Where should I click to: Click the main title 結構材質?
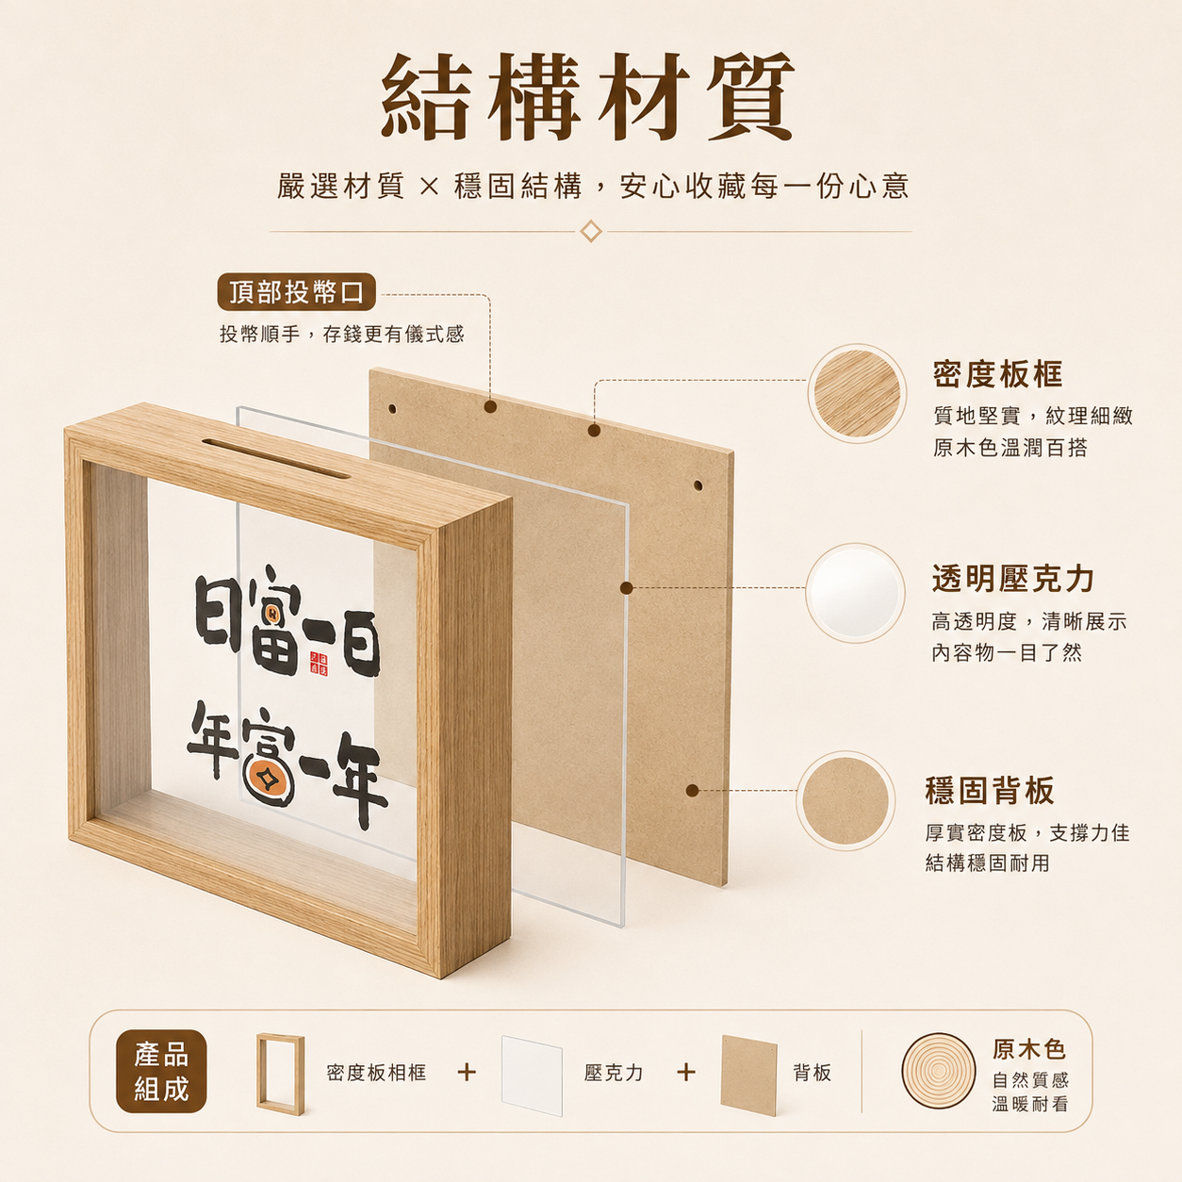pyautogui.click(x=587, y=96)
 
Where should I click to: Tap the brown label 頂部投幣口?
pyautogui.click(x=296, y=291)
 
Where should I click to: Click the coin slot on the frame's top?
pyautogui.click(x=275, y=458)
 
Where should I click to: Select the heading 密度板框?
pyautogui.click(x=997, y=374)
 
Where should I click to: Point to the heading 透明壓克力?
pyautogui.click(x=1012, y=579)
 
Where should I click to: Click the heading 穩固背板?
pyautogui.click(x=990, y=790)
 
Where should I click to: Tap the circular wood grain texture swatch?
pyautogui.click(x=856, y=393)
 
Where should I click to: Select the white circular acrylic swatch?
pyautogui.click(x=855, y=593)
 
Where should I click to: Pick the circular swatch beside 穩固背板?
pyautogui.click(x=845, y=800)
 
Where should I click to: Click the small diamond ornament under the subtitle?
pyautogui.click(x=591, y=231)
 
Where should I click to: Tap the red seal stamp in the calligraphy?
pyautogui.click(x=319, y=664)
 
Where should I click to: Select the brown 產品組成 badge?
pyautogui.click(x=161, y=1071)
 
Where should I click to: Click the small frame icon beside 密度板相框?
pyautogui.click(x=280, y=1074)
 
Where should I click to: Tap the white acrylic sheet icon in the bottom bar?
pyautogui.click(x=532, y=1075)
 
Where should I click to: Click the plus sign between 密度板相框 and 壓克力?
pyautogui.click(x=467, y=1073)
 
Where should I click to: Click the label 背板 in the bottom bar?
pyautogui.click(x=813, y=1073)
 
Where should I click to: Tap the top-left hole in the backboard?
pyautogui.click(x=392, y=408)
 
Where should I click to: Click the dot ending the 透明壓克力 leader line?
pyautogui.click(x=626, y=587)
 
